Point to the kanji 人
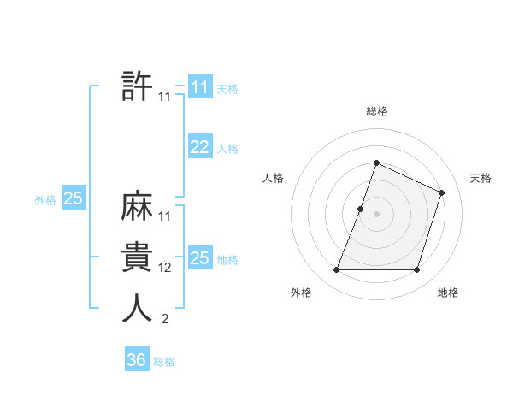[138, 308]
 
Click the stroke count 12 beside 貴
[165, 268]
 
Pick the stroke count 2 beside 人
[165, 319]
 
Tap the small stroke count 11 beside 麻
[165, 216]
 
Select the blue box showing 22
[200, 147]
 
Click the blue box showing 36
[137, 360]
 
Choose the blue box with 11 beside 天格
[200, 87]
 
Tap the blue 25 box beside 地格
[200, 258]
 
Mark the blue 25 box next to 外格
[74, 199]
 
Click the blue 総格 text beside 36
[164, 362]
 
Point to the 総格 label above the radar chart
[376, 111]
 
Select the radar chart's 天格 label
[481, 178]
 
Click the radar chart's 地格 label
[448, 293]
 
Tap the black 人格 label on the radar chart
[273, 178]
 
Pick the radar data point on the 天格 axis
[442, 192]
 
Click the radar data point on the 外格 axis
[336, 270]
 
